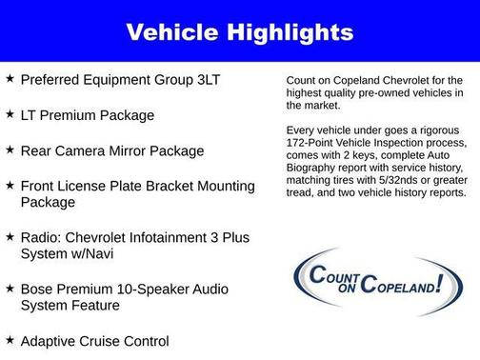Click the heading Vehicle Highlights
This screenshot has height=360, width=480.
click(x=240, y=32)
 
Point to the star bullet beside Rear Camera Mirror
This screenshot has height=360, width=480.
click(x=9, y=150)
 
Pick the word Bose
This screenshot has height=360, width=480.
click(x=39, y=289)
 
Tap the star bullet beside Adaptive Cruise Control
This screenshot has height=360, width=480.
click(x=9, y=340)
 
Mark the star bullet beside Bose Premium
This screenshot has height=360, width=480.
click(x=9, y=288)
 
